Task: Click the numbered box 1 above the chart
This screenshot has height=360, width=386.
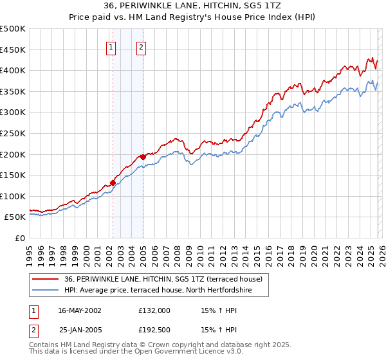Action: tap(111, 46)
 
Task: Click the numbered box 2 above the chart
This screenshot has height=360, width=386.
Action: tap(141, 46)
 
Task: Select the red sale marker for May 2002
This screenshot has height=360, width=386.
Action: tap(113, 183)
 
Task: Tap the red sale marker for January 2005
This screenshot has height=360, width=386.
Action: tap(143, 156)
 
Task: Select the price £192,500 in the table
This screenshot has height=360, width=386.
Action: tap(154, 329)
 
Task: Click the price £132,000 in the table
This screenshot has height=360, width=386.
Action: tap(154, 310)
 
